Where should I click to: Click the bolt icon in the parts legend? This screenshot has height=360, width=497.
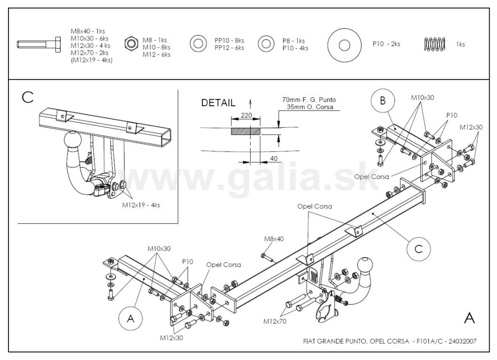(x=39, y=44)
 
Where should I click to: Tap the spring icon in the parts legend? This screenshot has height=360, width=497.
(x=434, y=44)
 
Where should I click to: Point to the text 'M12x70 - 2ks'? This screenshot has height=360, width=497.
(x=89, y=53)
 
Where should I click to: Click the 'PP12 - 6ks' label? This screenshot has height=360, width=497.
(x=229, y=48)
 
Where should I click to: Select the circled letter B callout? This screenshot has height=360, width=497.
(x=383, y=101)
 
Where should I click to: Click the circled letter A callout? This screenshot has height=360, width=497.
(x=131, y=319)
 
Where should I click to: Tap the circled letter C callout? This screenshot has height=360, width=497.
(x=418, y=249)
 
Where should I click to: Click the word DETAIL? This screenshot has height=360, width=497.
(x=218, y=102)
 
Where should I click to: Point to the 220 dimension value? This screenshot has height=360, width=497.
(x=246, y=115)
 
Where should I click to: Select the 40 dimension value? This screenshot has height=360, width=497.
(x=274, y=158)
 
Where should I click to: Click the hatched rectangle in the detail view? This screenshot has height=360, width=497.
(x=245, y=131)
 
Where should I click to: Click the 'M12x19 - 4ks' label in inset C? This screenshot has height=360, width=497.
(x=141, y=205)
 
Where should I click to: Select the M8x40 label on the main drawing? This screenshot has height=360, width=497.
(x=274, y=239)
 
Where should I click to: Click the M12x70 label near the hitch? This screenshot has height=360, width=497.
(x=275, y=321)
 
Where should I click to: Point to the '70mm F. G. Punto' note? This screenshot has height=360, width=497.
(x=309, y=100)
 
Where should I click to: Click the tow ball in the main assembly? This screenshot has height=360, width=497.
(x=366, y=267)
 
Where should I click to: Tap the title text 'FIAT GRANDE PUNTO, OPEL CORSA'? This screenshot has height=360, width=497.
(x=356, y=341)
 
